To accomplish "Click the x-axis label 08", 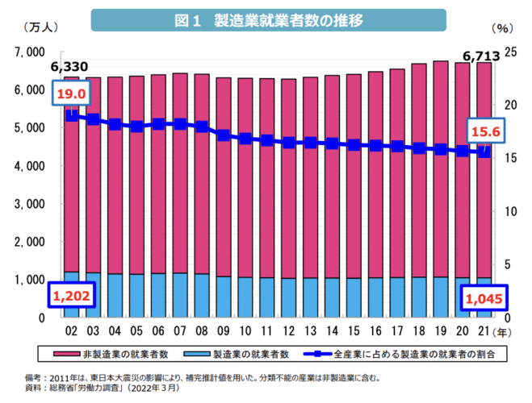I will click(203, 330).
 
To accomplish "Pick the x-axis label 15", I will click(354, 330).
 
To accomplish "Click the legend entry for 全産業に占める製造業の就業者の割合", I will click(404, 352).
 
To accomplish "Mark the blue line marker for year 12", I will click(288, 143).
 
